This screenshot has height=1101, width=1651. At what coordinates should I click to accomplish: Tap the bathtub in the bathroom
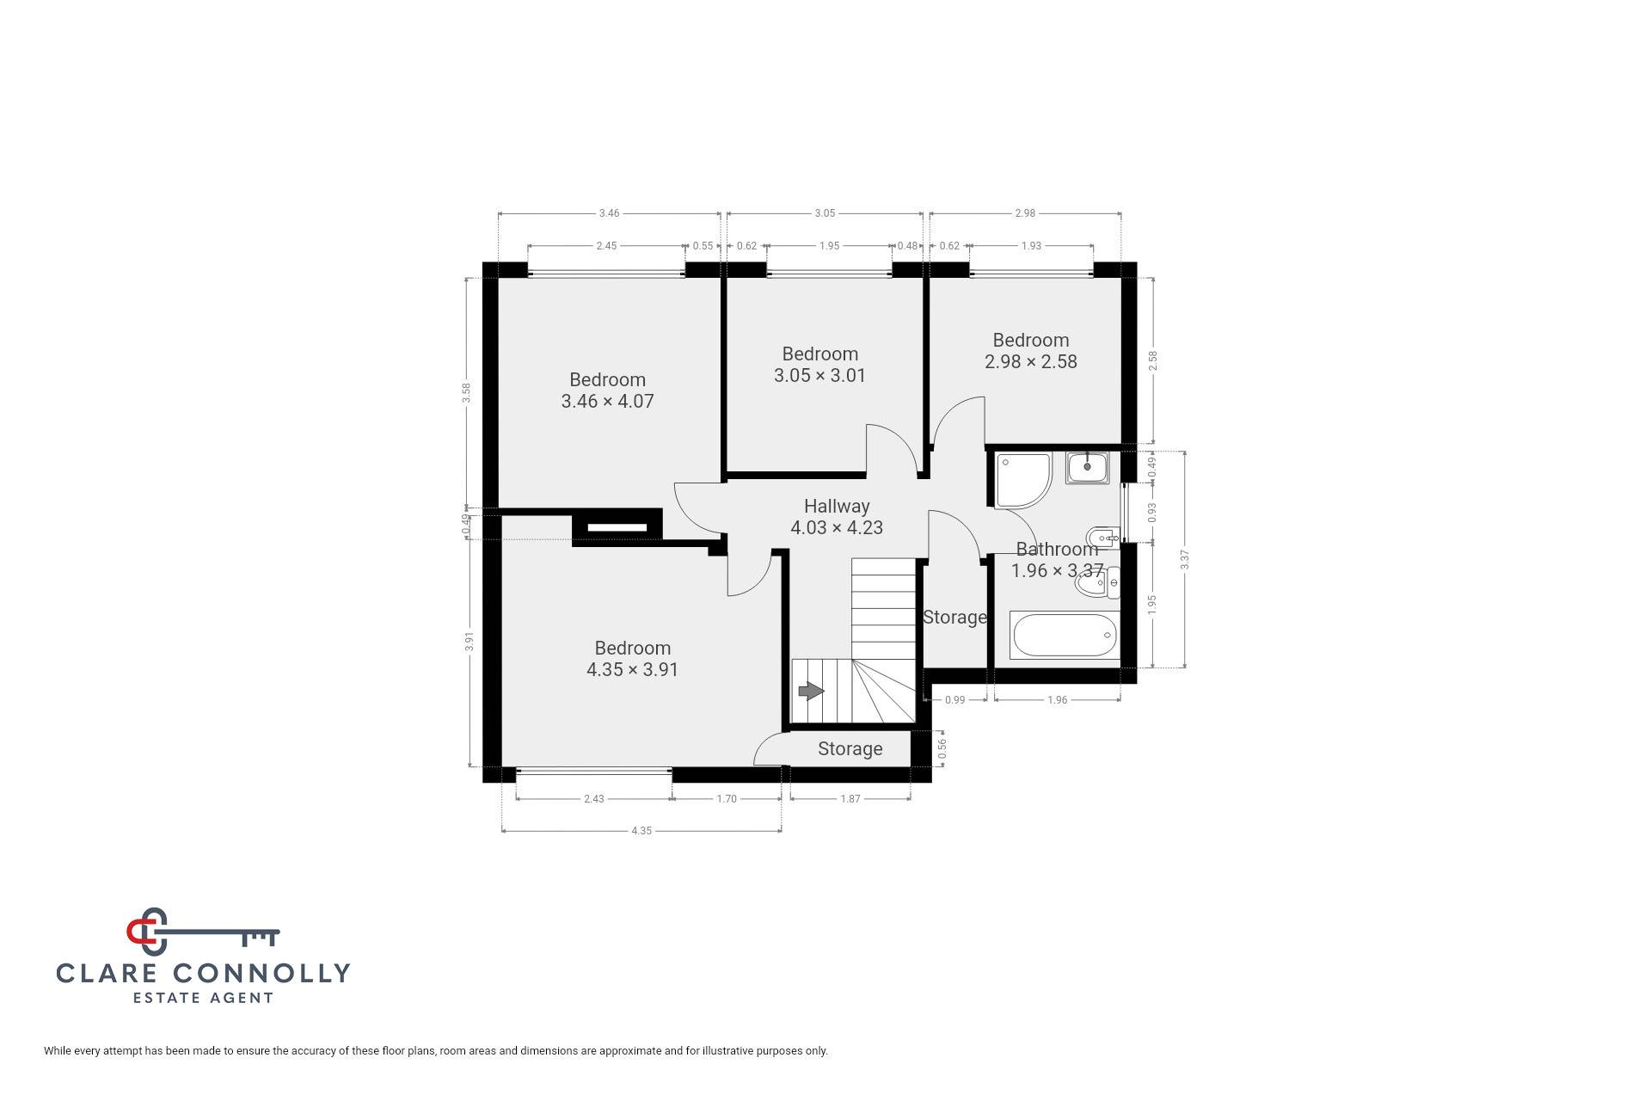point(1065,636)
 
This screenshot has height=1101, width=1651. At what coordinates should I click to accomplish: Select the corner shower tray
point(1023,479)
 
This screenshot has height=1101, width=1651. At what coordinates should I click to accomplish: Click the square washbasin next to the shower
point(1088,468)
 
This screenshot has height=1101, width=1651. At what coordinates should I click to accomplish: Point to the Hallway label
point(837,506)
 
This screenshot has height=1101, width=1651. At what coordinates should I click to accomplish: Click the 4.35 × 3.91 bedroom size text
point(632,669)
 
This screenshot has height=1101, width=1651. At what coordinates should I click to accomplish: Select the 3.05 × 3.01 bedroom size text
point(819,375)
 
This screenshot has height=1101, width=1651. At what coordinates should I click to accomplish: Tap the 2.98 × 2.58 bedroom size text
point(1030,361)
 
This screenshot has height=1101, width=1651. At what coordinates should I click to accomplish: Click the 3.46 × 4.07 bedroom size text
point(607,401)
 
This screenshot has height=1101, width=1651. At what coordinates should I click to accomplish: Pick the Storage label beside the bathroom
point(954,617)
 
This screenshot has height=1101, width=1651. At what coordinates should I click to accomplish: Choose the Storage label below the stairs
point(850,748)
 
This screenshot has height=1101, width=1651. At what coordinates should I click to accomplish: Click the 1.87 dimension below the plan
point(850,799)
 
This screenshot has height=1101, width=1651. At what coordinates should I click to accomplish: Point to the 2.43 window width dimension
point(593,799)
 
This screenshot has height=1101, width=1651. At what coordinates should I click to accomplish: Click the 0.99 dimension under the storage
point(954,700)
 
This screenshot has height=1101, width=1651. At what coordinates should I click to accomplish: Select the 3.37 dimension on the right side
point(1185,560)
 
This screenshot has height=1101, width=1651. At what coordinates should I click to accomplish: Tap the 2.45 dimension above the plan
point(606,246)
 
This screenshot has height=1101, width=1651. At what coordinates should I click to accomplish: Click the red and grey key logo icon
point(203,932)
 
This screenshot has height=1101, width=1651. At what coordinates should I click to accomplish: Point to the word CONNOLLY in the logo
point(261,973)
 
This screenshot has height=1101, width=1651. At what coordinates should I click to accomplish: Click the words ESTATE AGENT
point(203,998)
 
